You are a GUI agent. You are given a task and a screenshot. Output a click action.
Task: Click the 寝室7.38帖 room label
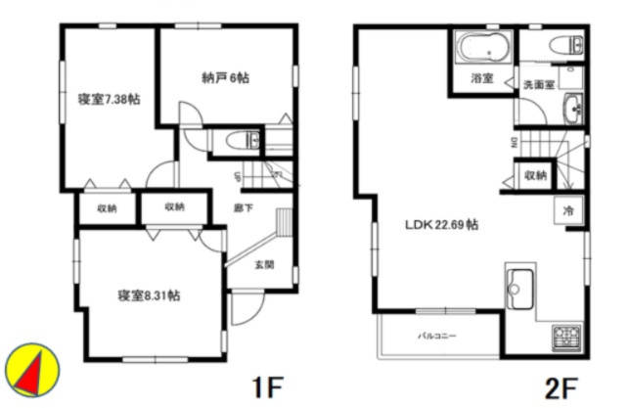(x=108, y=99)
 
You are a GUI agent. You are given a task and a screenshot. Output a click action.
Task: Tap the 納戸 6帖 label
(x=226, y=77)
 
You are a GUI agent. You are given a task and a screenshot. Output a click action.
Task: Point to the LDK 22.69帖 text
(x=442, y=224)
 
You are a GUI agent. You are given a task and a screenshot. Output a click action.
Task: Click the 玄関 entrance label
(x=264, y=264)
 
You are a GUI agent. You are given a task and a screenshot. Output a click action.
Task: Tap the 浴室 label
(x=480, y=77)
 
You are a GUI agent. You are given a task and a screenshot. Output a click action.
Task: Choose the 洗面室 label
(x=538, y=84)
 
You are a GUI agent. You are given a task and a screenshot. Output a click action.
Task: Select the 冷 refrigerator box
(x=568, y=210)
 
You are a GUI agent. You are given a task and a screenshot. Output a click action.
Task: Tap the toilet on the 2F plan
(x=565, y=44)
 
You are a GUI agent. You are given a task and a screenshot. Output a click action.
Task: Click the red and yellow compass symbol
(x=32, y=369)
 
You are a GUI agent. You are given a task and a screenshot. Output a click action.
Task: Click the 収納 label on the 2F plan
(x=534, y=175)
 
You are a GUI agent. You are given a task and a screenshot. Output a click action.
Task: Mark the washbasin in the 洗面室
(x=573, y=108)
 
